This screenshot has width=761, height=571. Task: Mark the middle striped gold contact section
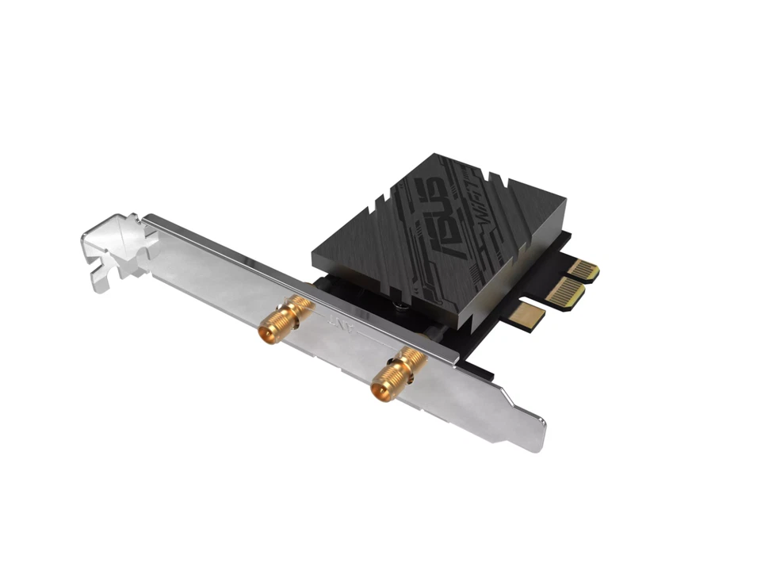point(564,293)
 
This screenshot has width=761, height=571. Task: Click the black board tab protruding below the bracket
point(476,368)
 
